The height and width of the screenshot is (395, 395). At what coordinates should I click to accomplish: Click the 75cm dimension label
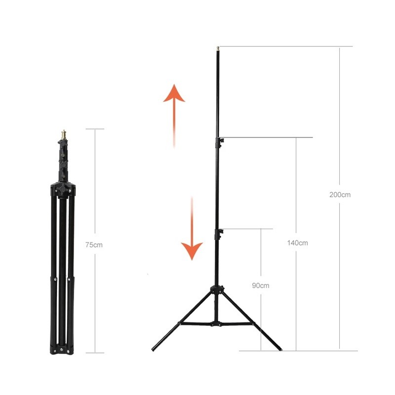(94, 245)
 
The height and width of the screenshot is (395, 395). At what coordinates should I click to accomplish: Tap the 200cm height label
(340, 195)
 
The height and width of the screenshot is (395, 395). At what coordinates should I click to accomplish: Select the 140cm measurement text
(298, 243)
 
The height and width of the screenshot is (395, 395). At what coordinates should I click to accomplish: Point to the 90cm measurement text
(261, 286)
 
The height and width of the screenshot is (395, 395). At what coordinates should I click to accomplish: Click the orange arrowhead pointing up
(174, 93)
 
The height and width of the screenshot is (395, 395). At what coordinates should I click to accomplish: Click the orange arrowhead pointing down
(192, 251)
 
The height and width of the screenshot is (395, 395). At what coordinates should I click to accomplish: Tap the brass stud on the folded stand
(64, 135)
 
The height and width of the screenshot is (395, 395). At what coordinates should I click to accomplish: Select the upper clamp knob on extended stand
(221, 141)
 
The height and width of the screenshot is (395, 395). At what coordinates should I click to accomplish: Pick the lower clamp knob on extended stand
(221, 232)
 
